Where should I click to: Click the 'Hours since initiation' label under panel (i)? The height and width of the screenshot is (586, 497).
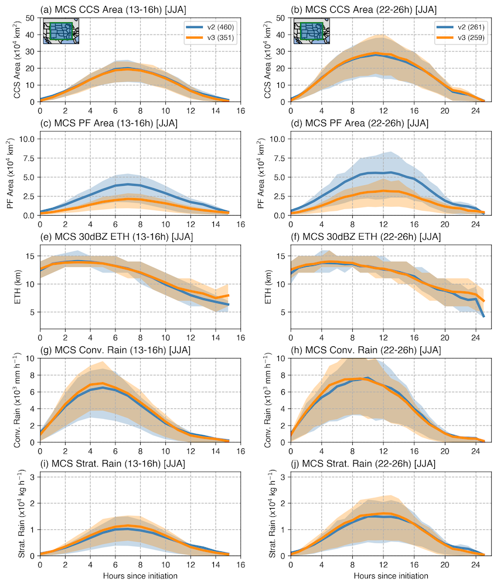[x=134, y=576]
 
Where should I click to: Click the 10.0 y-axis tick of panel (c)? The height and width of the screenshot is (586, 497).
[x=28, y=139]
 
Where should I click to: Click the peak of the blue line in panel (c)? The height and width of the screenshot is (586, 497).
[x=128, y=184]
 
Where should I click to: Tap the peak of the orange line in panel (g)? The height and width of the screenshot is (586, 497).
[x=103, y=383]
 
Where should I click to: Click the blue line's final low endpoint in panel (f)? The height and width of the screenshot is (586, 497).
[x=484, y=317]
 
